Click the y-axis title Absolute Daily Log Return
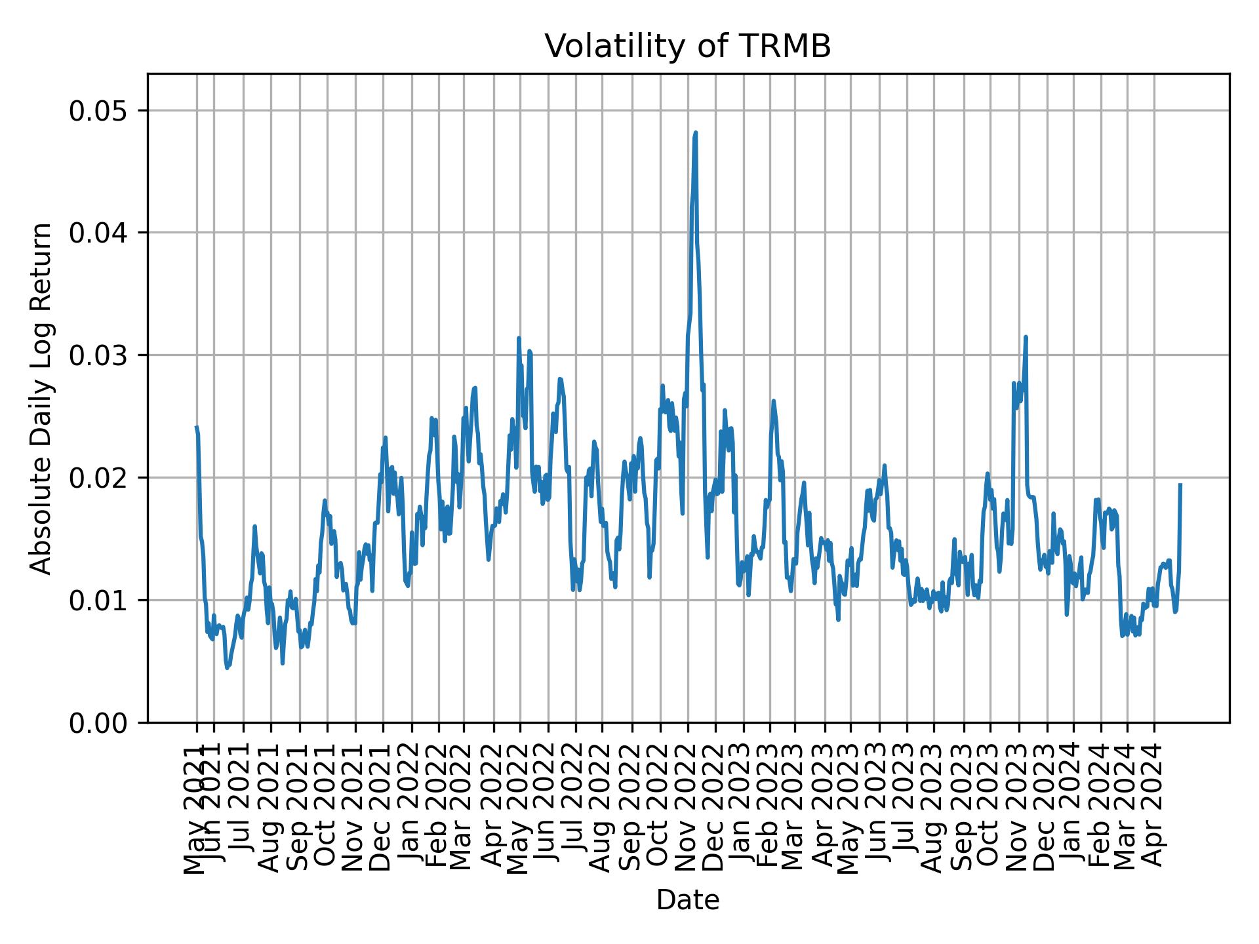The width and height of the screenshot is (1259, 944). [42, 398]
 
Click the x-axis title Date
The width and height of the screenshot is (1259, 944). [688, 901]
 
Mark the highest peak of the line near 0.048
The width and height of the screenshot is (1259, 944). [695, 133]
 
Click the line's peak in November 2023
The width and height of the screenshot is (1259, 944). [1026, 337]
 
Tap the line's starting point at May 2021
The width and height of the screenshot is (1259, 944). [197, 427]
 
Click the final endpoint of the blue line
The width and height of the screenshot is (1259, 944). [1180, 484]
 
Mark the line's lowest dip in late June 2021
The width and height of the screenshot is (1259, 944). [227, 668]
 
